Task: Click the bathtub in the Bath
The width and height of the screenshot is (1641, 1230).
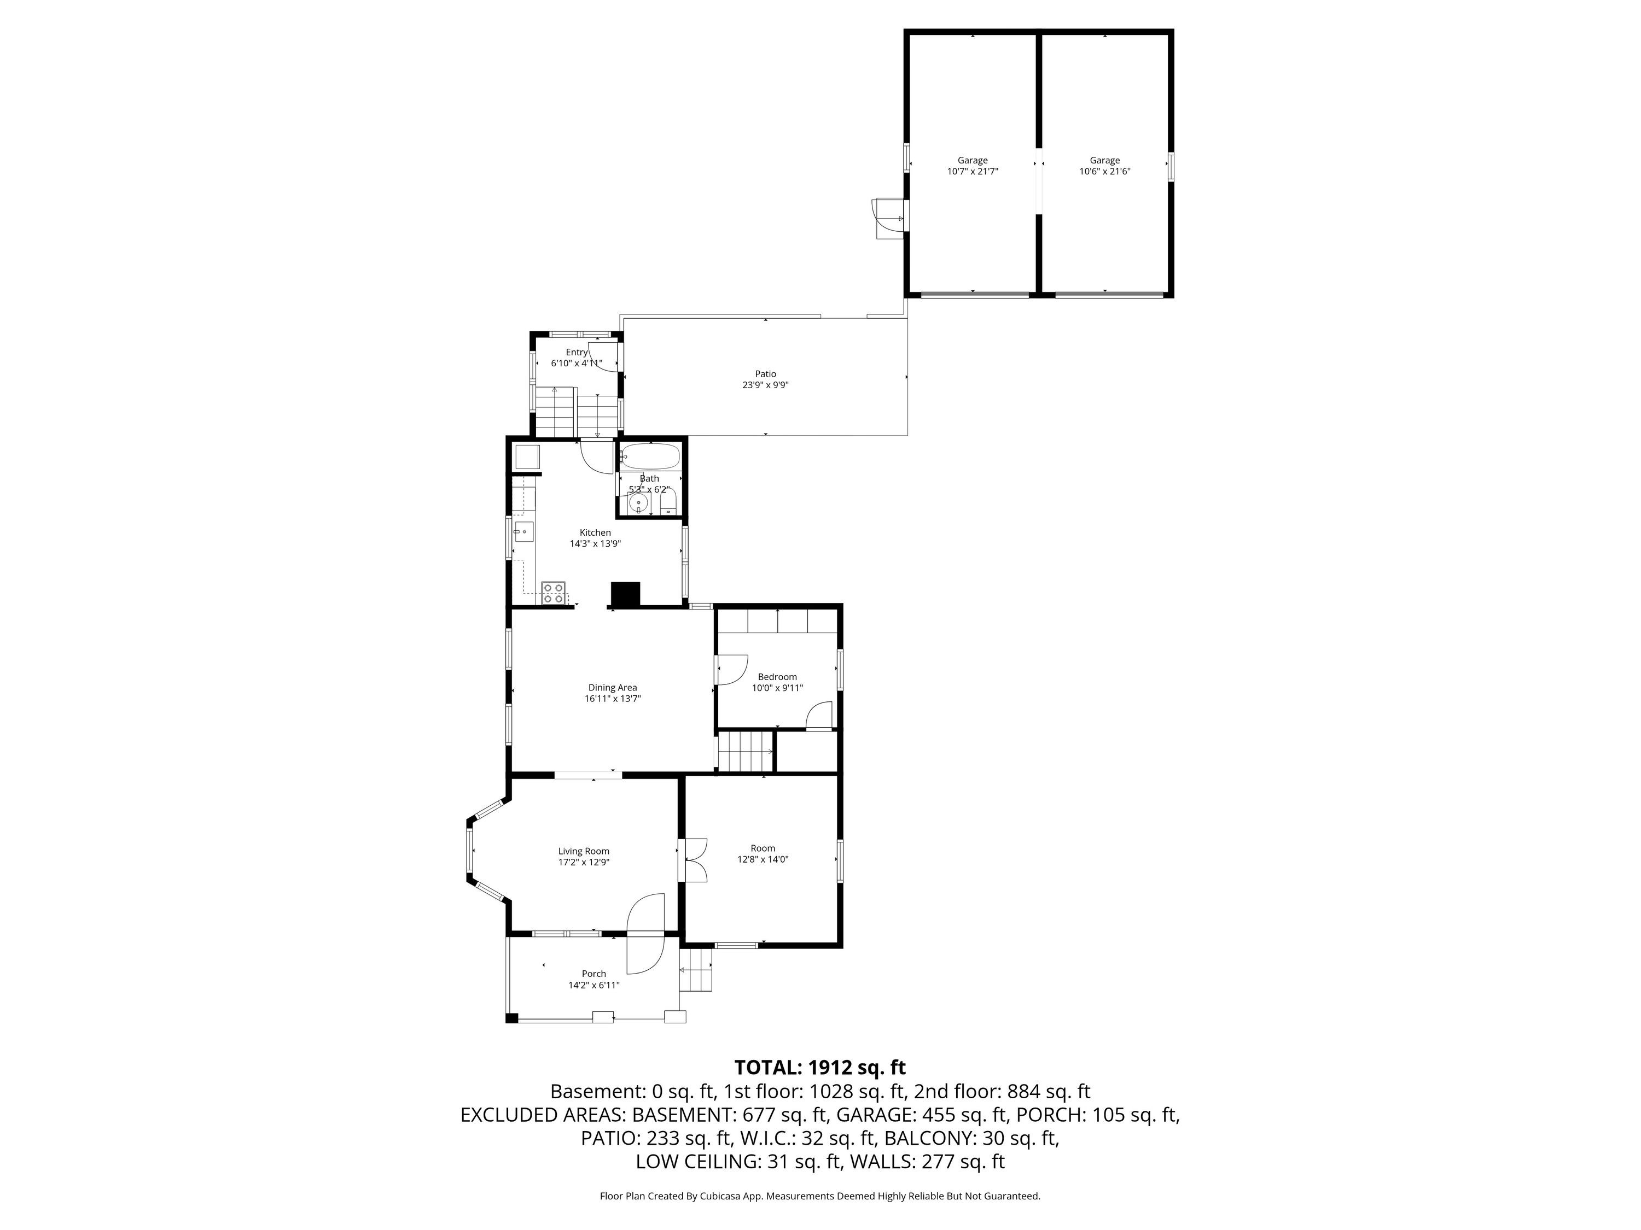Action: coord(650,456)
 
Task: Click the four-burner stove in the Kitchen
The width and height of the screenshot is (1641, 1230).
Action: coord(552,593)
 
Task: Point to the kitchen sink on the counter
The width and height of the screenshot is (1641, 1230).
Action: coord(524,531)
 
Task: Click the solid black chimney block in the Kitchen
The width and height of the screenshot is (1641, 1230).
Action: coord(625,595)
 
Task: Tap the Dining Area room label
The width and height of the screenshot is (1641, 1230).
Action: coord(613,687)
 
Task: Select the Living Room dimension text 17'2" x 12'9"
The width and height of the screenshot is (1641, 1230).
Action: coord(584,862)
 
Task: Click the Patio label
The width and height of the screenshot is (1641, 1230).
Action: coord(766,374)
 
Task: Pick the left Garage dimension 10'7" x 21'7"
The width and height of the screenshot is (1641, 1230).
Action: coord(973,171)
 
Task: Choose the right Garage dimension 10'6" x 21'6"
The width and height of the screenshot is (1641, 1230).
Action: coord(1104,171)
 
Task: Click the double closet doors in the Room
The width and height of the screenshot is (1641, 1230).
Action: coord(696,860)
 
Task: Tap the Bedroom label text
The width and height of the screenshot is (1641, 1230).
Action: coord(777,677)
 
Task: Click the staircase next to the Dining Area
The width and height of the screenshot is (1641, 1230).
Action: coord(745,752)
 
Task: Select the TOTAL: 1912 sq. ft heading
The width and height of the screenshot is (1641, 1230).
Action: coord(820,1068)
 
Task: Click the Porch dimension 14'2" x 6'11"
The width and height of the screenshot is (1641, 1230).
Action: coord(593,985)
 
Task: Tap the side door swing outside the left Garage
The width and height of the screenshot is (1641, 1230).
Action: coord(889,219)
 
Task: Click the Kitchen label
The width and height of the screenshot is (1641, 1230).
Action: coord(595,532)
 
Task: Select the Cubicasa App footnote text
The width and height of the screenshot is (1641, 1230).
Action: coord(820,1196)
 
